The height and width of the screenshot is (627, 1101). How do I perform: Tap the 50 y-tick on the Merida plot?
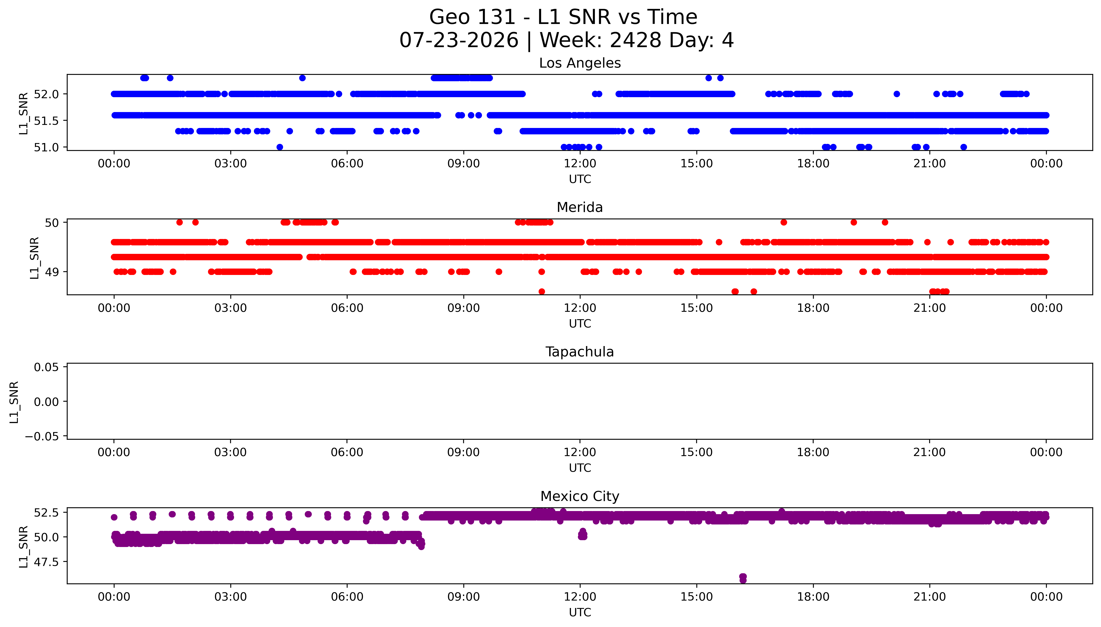point(52,222)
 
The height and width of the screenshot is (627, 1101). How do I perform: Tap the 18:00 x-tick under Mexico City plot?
point(813,597)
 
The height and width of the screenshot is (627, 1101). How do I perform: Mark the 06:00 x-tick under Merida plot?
point(347,308)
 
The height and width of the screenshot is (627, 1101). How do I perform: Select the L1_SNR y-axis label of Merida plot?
point(35,258)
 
